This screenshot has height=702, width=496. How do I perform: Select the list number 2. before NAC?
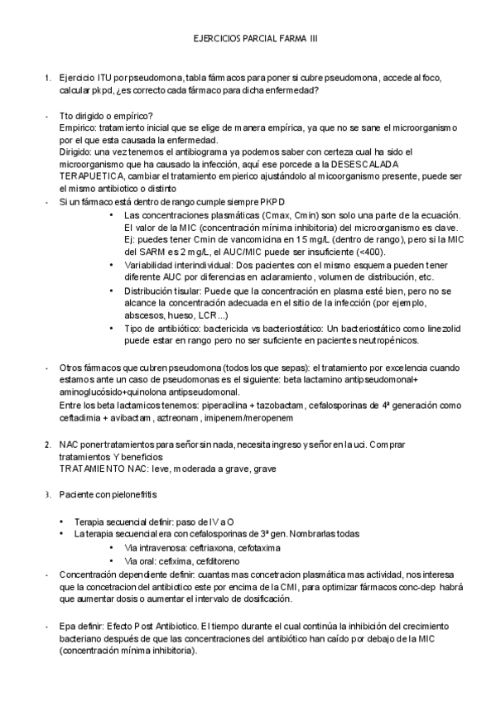point(48,445)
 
